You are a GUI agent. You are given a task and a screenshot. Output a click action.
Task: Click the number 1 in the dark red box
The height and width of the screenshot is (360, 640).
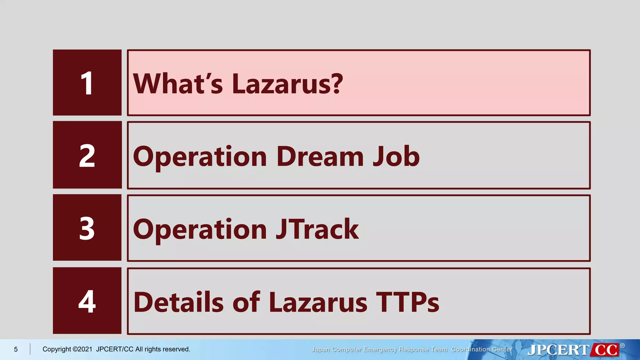coord(87,83)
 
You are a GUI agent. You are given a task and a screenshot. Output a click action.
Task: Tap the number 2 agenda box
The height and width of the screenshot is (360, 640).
coord(87,156)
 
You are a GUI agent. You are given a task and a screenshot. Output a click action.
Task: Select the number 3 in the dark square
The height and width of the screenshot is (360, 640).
coord(87,228)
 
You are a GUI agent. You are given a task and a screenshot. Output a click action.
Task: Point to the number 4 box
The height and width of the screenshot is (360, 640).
coord(87,301)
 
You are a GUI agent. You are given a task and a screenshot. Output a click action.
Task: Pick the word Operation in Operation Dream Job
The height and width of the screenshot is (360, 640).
coord(200,157)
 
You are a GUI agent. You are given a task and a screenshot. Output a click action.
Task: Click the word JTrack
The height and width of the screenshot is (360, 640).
coord(317,229)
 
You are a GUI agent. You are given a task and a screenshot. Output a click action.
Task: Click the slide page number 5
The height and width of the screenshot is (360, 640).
coord(16,349)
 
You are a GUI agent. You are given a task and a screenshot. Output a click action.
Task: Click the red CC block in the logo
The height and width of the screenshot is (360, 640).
coord(606,350)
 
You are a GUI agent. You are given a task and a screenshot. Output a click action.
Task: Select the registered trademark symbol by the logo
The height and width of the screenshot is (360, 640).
coord(622,346)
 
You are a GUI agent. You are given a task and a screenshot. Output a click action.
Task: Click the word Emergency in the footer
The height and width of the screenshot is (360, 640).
coord(380,349)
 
